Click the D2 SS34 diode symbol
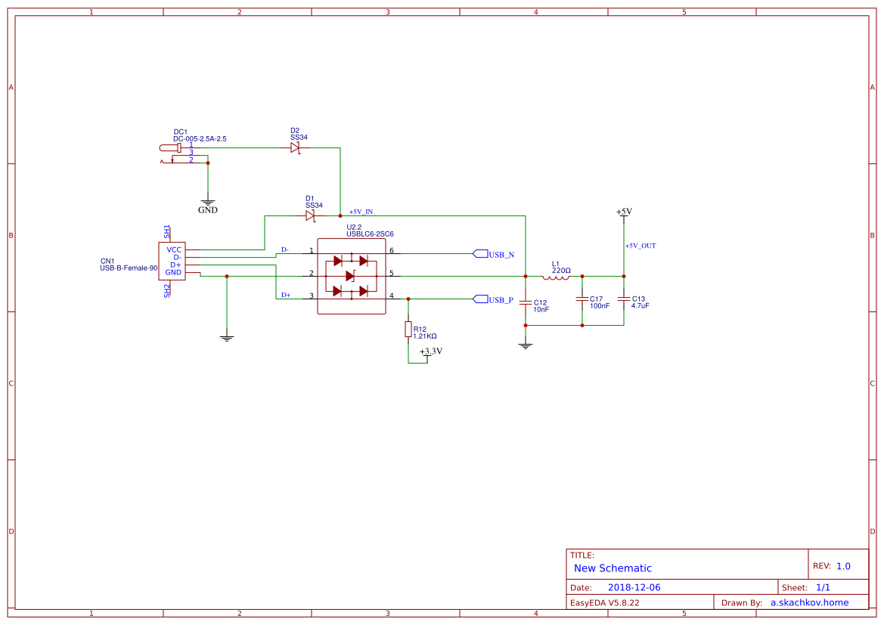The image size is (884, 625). pyautogui.click(x=295, y=148)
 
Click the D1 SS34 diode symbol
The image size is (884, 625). pyautogui.click(x=310, y=216)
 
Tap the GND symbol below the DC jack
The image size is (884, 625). pyautogui.click(x=208, y=204)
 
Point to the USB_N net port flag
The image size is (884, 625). pyautogui.click(x=493, y=255)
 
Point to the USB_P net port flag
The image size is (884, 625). pyautogui.click(x=493, y=300)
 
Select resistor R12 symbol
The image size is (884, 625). pyautogui.click(x=408, y=330)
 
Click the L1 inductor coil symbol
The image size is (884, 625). pyautogui.click(x=556, y=277)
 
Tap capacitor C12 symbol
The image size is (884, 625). pyautogui.click(x=526, y=302)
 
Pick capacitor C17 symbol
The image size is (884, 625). pyautogui.click(x=582, y=299)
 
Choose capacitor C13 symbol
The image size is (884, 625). pyautogui.click(x=623, y=299)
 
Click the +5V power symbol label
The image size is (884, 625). pyautogui.click(x=623, y=212)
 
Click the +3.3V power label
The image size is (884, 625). pyautogui.click(x=430, y=351)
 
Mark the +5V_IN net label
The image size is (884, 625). pyautogui.click(x=361, y=212)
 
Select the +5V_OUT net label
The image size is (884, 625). pyautogui.click(x=641, y=246)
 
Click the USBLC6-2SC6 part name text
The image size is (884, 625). pyautogui.click(x=370, y=234)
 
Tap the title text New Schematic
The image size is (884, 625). pyautogui.click(x=613, y=568)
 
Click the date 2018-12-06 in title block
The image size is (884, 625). pyautogui.click(x=634, y=587)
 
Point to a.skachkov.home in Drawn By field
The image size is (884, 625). pyautogui.click(x=809, y=602)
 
